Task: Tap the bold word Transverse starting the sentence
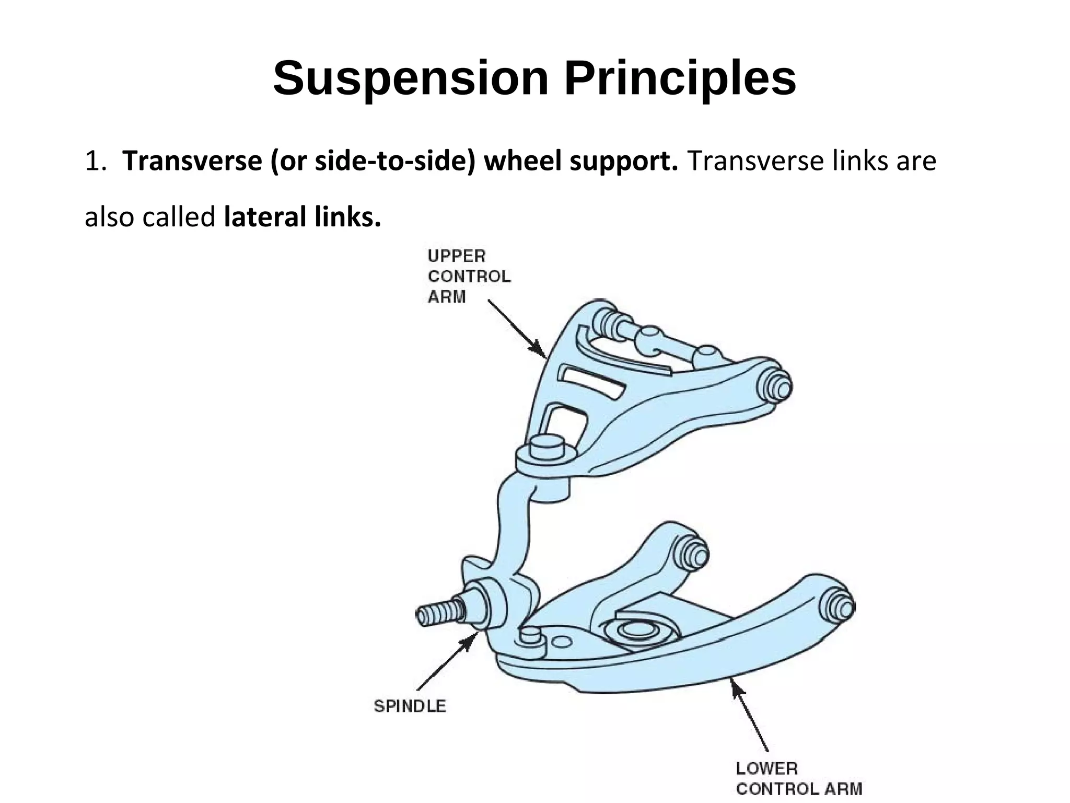click(192, 160)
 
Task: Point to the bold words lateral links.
click(302, 216)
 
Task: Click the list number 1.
click(95, 161)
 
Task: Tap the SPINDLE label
click(410, 706)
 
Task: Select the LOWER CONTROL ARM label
click(798, 778)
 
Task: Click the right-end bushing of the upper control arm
click(777, 386)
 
